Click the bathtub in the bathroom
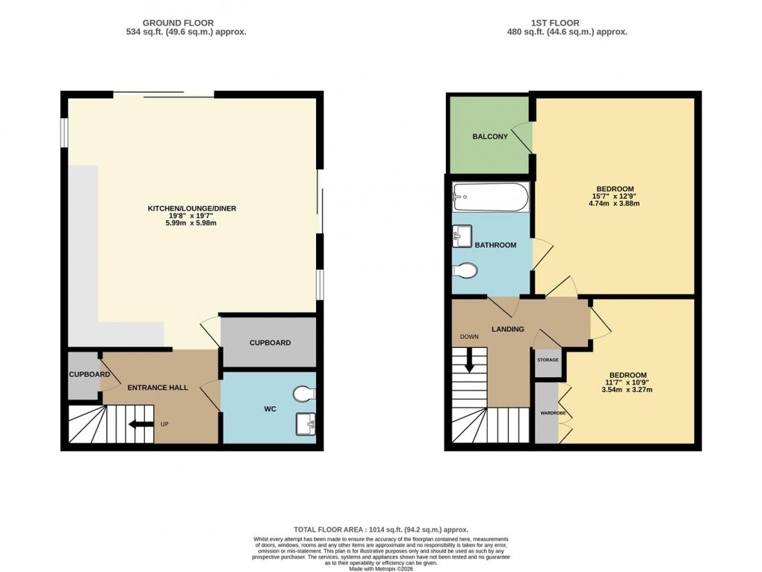click(490, 199)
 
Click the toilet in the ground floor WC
click(304, 394)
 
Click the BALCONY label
click(490, 137)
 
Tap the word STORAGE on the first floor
click(548, 360)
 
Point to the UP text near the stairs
click(164, 424)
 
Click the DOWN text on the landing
click(469, 337)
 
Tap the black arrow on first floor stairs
click(470, 362)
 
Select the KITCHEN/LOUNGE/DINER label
click(191, 208)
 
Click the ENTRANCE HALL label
click(158, 388)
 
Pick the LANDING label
click(507, 329)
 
